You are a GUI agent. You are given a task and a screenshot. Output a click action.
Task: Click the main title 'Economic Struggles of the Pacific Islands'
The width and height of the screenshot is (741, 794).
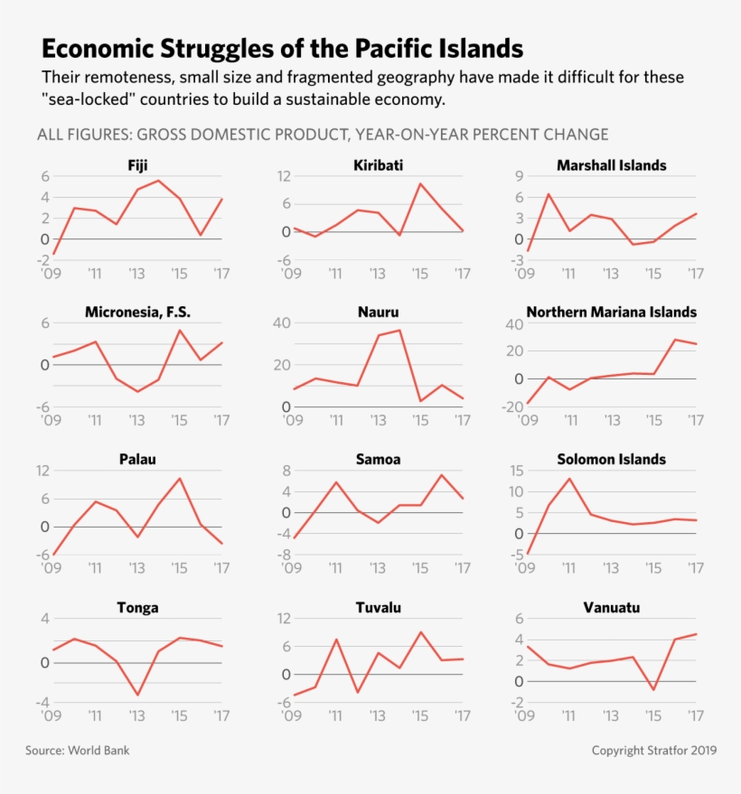(283, 48)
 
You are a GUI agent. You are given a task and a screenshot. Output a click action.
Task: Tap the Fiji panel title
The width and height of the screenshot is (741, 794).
(137, 165)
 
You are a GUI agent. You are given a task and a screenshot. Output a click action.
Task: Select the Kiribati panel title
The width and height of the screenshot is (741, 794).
(378, 165)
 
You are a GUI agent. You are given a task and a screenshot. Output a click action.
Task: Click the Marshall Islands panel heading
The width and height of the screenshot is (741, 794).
(611, 165)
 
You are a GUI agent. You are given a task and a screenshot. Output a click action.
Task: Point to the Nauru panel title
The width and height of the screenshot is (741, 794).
(378, 313)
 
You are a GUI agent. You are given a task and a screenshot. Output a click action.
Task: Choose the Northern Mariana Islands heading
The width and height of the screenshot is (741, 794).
(611, 313)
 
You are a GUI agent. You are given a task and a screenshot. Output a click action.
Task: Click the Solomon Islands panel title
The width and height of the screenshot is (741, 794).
(611, 459)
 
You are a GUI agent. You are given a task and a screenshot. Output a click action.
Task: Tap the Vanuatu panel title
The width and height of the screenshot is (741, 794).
(611, 608)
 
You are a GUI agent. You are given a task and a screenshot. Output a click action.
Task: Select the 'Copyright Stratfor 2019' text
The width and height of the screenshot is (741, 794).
(654, 751)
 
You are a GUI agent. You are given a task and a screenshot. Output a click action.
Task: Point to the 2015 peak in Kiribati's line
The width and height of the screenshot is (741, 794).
(420, 183)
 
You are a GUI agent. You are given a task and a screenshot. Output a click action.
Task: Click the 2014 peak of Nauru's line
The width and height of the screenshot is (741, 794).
(399, 330)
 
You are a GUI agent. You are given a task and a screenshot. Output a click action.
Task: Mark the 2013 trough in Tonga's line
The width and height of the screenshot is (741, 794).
(137, 695)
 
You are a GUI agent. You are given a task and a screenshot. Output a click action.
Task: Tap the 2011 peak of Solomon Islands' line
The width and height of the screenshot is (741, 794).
(569, 479)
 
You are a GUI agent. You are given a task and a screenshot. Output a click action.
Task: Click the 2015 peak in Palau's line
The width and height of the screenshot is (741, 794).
(180, 478)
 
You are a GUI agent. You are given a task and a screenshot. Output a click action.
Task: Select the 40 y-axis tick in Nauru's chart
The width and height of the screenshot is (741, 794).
(280, 323)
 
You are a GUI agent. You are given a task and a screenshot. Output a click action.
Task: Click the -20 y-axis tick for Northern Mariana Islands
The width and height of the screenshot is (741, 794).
(513, 406)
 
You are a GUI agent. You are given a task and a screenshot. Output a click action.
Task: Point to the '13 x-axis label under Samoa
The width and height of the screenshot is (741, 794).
(378, 568)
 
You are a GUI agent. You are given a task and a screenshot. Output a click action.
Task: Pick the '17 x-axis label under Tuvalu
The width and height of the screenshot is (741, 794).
(463, 716)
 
